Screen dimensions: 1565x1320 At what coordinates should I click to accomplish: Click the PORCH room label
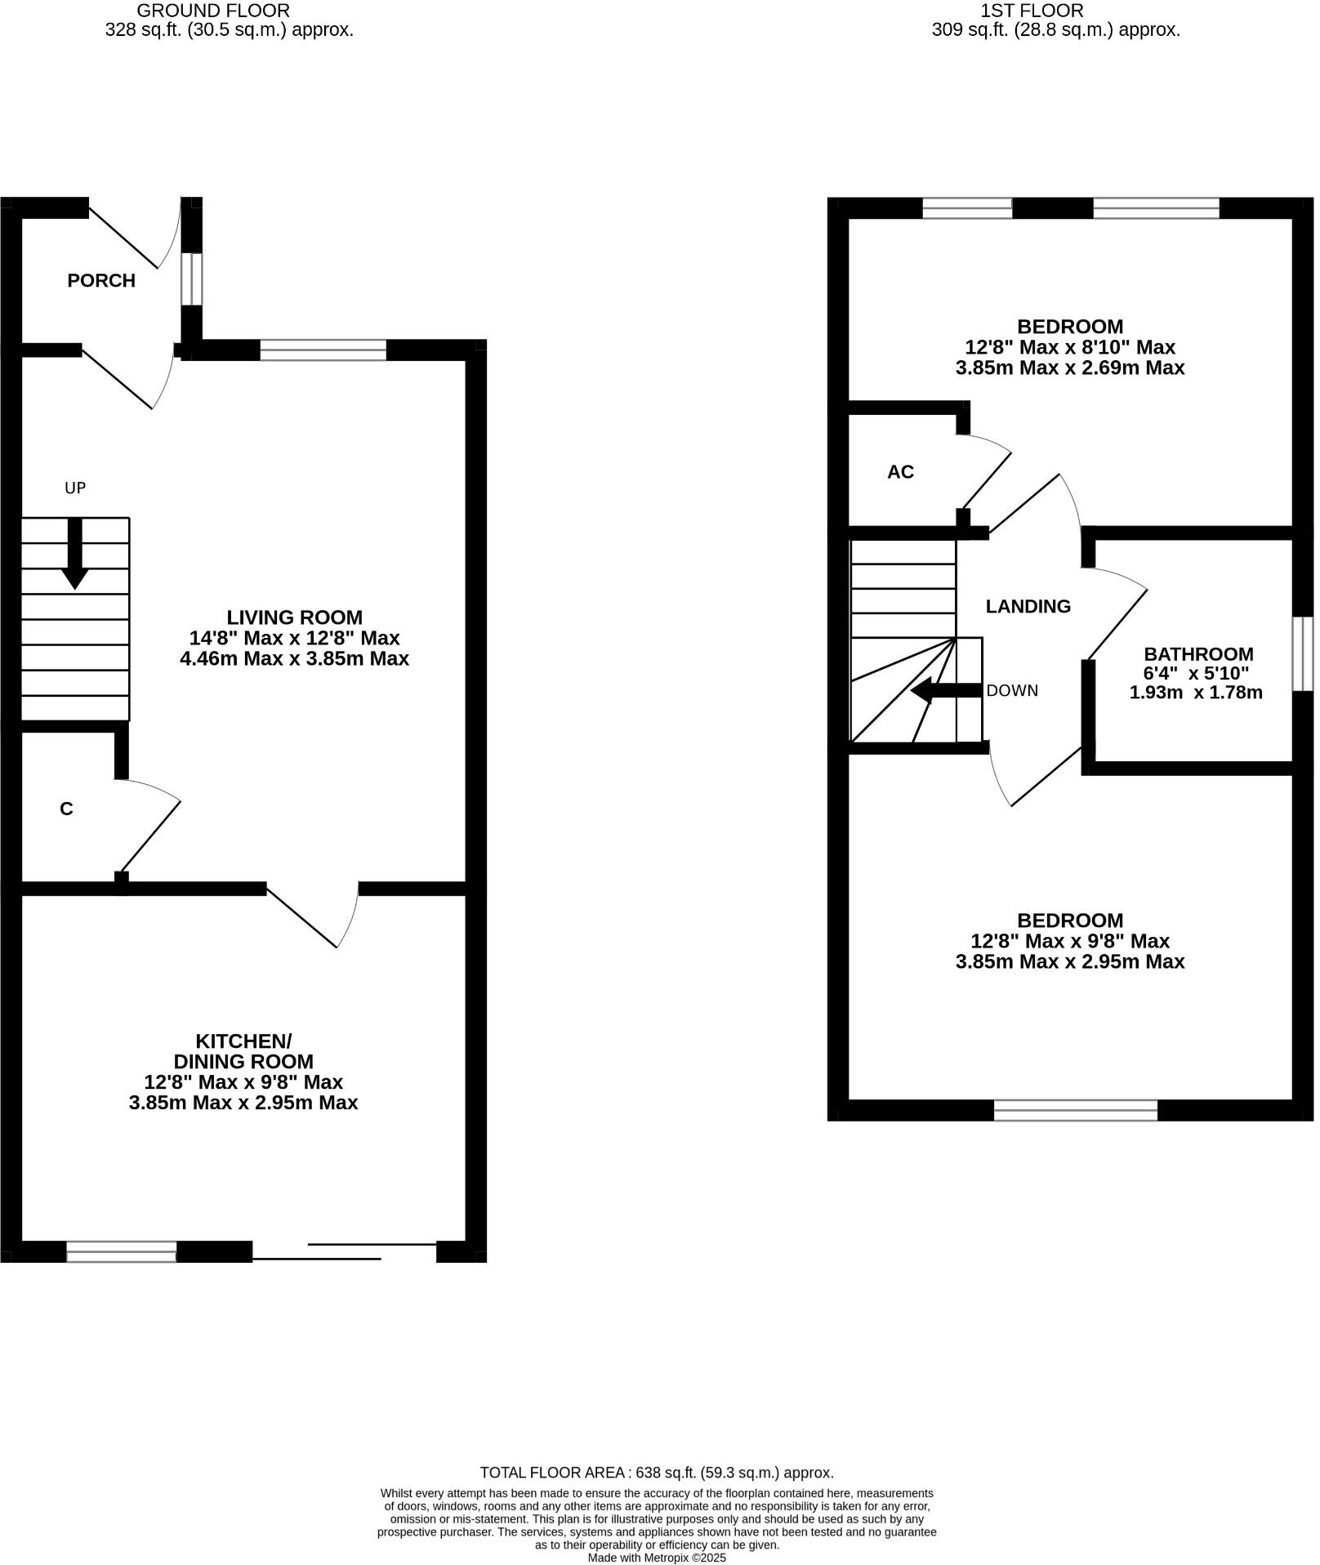(x=101, y=281)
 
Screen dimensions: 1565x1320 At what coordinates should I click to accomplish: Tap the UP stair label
(x=75, y=488)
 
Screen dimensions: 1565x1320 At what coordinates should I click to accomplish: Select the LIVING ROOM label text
(x=294, y=618)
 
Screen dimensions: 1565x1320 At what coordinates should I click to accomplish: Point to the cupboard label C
(x=67, y=809)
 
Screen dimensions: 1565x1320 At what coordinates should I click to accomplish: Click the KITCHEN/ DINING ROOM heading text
(x=243, y=1051)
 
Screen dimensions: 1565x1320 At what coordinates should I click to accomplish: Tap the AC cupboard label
(x=900, y=472)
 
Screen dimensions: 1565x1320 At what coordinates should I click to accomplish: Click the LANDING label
(x=1028, y=606)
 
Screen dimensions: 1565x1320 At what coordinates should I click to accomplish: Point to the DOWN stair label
(x=1012, y=690)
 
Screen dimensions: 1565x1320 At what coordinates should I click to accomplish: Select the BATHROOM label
(x=1197, y=654)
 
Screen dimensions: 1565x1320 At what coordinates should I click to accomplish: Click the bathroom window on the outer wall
(x=1302, y=653)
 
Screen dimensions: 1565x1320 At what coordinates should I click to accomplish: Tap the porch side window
(x=191, y=279)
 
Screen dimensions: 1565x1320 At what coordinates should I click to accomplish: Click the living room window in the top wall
(x=323, y=350)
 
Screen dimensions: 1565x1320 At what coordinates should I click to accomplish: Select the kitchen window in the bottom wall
(x=121, y=1251)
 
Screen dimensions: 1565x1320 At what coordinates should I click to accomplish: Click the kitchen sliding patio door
(x=345, y=1251)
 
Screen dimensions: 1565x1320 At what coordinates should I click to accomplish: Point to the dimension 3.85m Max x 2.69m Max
(x=1069, y=368)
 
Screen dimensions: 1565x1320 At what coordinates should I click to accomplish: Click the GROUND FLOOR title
(x=213, y=11)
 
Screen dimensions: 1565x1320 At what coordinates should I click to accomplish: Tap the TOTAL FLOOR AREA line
(x=657, y=1473)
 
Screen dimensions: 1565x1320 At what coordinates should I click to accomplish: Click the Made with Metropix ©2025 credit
(x=657, y=1558)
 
